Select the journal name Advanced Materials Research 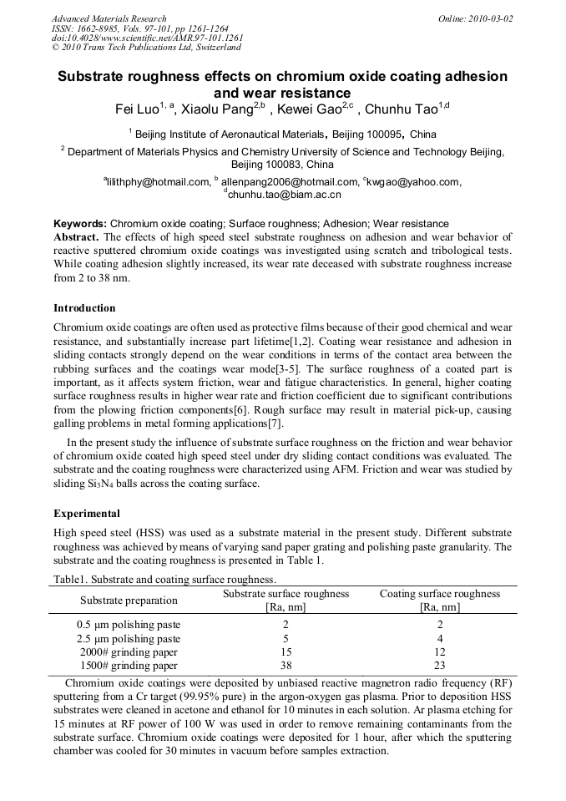109,18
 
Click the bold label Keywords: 80,224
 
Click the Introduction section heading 84,308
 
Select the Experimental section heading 87,513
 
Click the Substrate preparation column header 129,600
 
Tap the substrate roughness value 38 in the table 286,666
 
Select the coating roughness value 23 440,666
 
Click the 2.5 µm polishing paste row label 128,638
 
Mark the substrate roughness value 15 286,652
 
